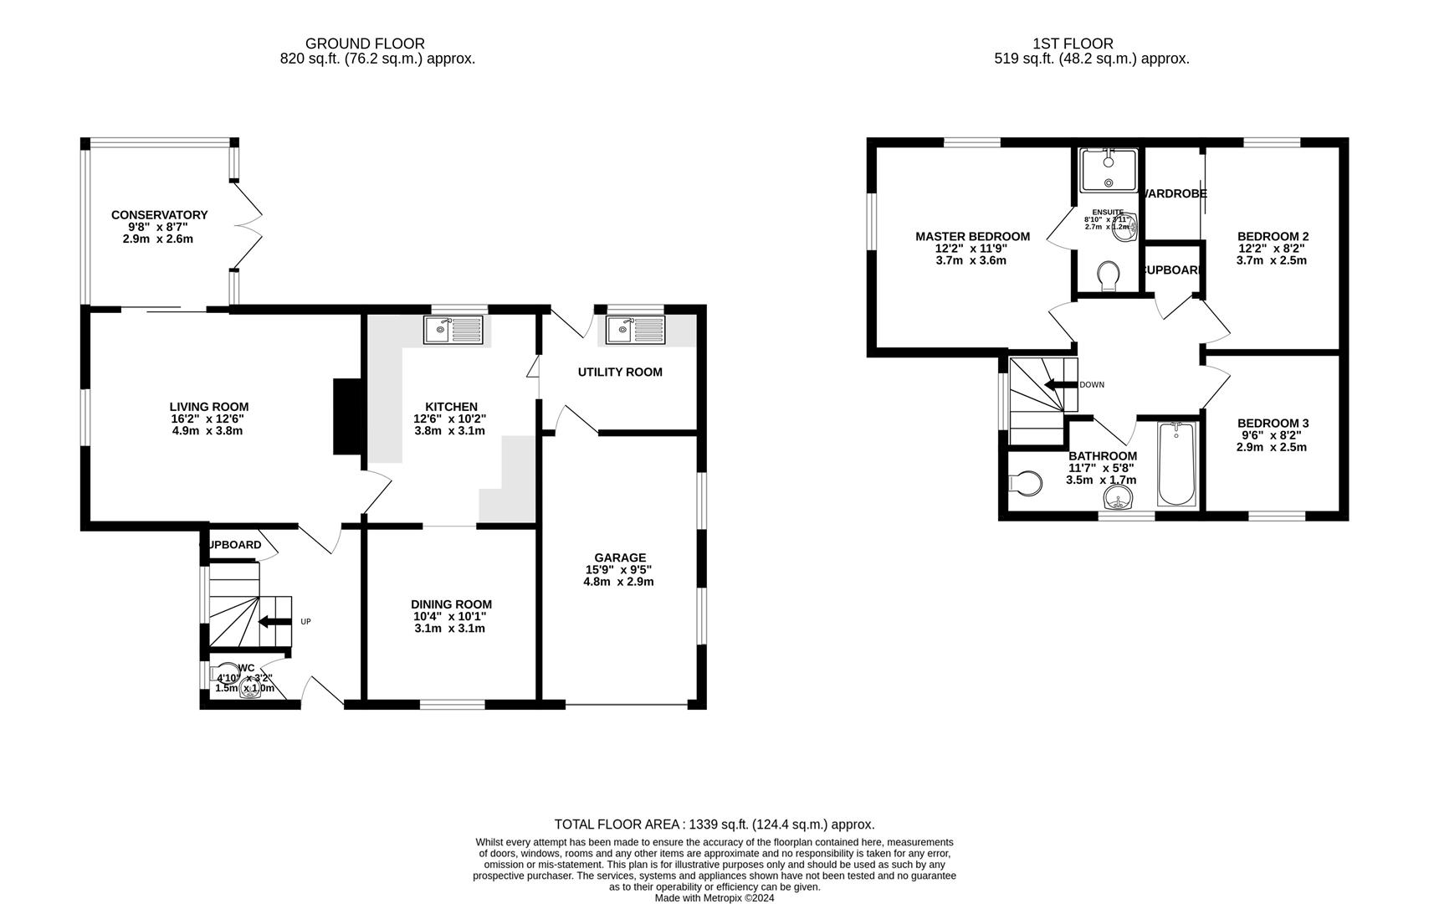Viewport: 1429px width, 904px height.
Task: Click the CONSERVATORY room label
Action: tap(159, 215)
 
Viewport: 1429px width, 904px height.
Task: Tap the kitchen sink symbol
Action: tap(454, 330)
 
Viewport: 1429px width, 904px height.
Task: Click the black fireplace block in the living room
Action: tap(347, 417)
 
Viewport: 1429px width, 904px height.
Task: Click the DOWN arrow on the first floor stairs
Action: tap(1058, 385)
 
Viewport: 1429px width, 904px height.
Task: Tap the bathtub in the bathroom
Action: tap(1177, 465)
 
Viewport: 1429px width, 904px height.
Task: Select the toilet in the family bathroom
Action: tap(1027, 483)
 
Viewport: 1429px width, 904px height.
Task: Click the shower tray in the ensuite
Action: tap(1109, 170)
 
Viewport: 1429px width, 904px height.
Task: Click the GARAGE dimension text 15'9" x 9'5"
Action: tap(618, 569)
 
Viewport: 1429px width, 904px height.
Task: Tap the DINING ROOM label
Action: tap(451, 604)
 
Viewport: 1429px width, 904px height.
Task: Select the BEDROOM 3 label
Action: tap(1273, 424)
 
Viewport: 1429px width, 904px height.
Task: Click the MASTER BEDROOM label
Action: tap(972, 237)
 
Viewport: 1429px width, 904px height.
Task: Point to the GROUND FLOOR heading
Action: tap(365, 44)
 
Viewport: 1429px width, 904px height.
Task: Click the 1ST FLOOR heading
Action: tap(1073, 44)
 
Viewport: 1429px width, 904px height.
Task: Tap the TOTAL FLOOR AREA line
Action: tap(714, 824)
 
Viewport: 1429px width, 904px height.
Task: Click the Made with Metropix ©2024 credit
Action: tap(714, 898)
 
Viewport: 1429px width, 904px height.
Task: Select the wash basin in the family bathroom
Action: tap(1118, 501)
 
